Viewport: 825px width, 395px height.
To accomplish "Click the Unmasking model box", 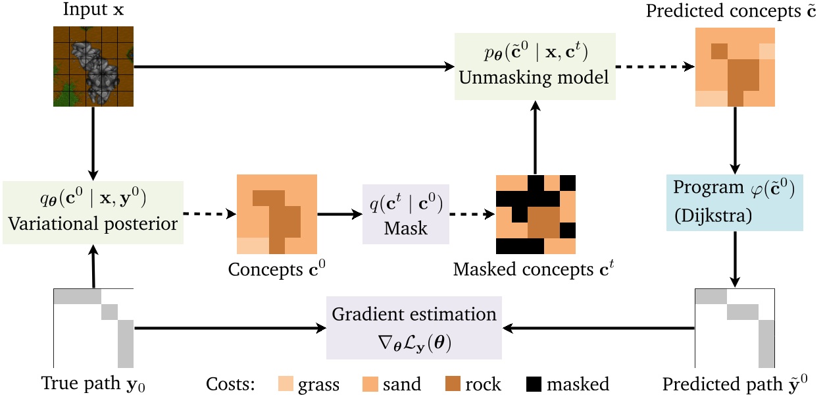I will [x=535, y=66].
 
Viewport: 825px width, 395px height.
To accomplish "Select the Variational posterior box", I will [x=93, y=213].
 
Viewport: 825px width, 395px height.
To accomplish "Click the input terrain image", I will [x=93, y=66].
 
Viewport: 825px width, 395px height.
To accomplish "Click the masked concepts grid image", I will [x=536, y=214].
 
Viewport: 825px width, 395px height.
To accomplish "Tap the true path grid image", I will [x=93, y=327].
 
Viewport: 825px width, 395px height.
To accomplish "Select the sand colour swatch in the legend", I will [x=372, y=384].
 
